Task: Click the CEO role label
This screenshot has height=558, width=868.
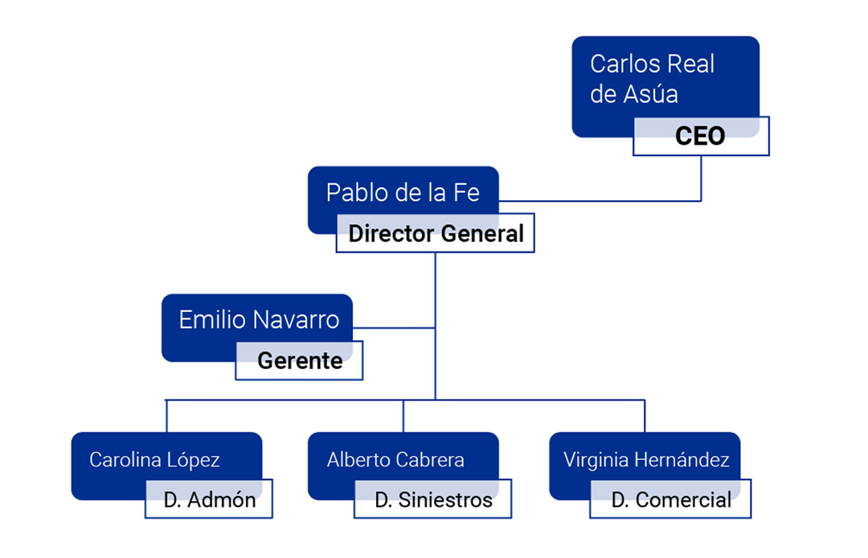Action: pyautogui.click(x=700, y=136)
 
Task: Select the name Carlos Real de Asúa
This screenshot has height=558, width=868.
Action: pyautogui.click(x=652, y=79)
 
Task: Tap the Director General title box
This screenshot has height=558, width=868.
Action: pyautogui.click(x=436, y=234)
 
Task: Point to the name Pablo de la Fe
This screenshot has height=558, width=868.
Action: pyautogui.click(x=403, y=193)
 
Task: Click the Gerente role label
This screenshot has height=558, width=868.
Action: pyautogui.click(x=299, y=361)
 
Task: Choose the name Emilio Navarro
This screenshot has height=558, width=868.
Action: pyautogui.click(x=259, y=319)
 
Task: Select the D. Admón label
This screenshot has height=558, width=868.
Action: pyautogui.click(x=209, y=499)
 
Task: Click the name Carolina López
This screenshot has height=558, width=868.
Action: pyautogui.click(x=154, y=460)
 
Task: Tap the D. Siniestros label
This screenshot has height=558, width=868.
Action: pyautogui.click(x=433, y=499)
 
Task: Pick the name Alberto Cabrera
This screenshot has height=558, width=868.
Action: pyautogui.click(x=395, y=460)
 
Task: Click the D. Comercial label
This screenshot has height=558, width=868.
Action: pyautogui.click(x=671, y=499)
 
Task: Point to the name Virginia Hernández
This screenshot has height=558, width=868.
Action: pyautogui.click(x=646, y=460)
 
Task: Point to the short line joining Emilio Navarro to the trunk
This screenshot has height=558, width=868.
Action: pyautogui.click(x=394, y=328)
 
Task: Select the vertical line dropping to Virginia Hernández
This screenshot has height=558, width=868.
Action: pyautogui.click(x=645, y=416)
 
